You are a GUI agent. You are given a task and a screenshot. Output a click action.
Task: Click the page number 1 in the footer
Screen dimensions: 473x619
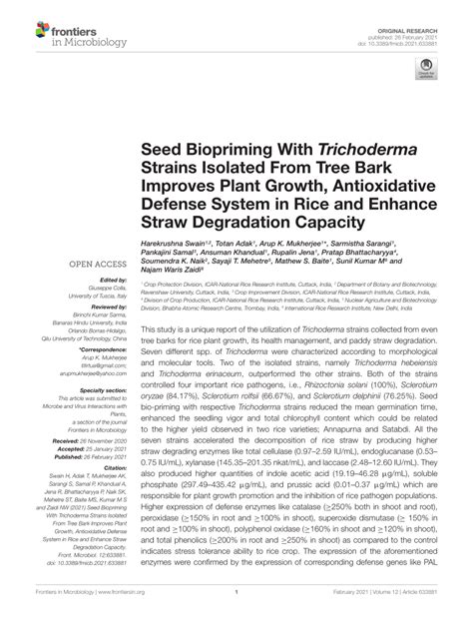coord(236,605)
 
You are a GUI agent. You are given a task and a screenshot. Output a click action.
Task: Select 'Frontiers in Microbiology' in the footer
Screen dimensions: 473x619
coord(64,605)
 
